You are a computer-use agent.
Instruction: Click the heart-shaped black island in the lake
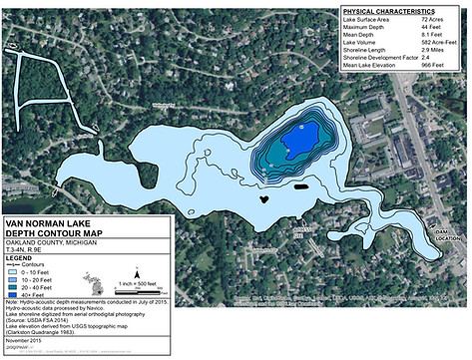pos(263,197)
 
